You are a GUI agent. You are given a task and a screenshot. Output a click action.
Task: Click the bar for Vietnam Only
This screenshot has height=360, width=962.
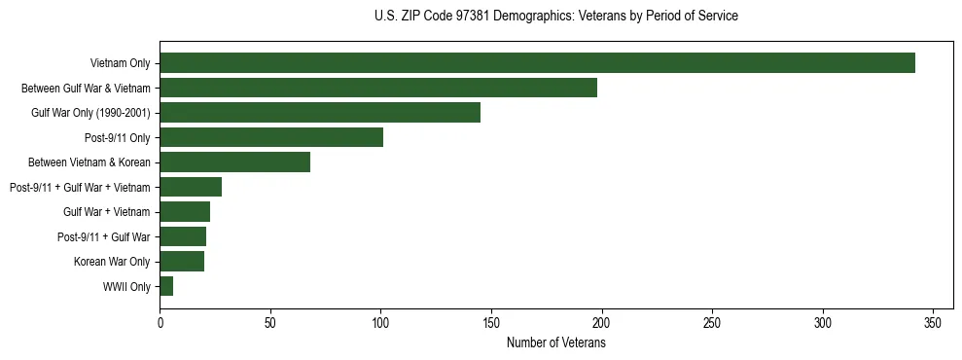tap(537, 63)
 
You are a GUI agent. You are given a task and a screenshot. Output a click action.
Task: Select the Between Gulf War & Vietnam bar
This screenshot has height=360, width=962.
tap(378, 88)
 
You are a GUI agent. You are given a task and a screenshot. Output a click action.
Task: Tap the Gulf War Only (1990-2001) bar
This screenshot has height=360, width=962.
tap(320, 113)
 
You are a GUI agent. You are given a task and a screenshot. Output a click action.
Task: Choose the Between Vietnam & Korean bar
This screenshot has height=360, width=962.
tap(234, 162)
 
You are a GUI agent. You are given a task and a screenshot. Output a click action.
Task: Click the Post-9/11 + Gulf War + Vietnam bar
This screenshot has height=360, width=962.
tap(191, 187)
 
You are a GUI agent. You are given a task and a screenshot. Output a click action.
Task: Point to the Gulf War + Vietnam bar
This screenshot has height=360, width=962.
tap(185, 212)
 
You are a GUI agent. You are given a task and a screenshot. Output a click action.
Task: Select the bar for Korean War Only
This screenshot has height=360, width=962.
tap(182, 262)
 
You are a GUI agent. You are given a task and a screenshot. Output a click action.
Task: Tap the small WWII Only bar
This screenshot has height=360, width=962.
tap(166, 286)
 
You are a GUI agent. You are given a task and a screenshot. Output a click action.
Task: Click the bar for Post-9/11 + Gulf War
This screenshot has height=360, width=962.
tap(183, 236)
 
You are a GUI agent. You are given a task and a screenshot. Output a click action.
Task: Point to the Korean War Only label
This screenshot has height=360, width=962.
tap(112, 262)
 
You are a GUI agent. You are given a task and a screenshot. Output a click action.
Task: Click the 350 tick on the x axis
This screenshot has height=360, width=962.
tap(934, 323)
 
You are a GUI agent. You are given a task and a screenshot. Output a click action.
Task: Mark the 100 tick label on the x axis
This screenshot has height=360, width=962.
tap(380, 323)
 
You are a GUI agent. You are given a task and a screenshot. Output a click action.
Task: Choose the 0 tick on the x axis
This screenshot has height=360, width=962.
tap(160, 323)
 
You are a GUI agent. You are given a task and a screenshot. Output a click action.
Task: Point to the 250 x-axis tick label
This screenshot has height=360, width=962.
tap(713, 323)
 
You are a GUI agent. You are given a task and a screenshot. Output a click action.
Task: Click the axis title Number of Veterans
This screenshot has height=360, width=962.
tap(556, 343)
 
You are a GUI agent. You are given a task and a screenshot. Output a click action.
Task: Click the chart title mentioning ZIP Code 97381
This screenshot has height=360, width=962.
tap(556, 17)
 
